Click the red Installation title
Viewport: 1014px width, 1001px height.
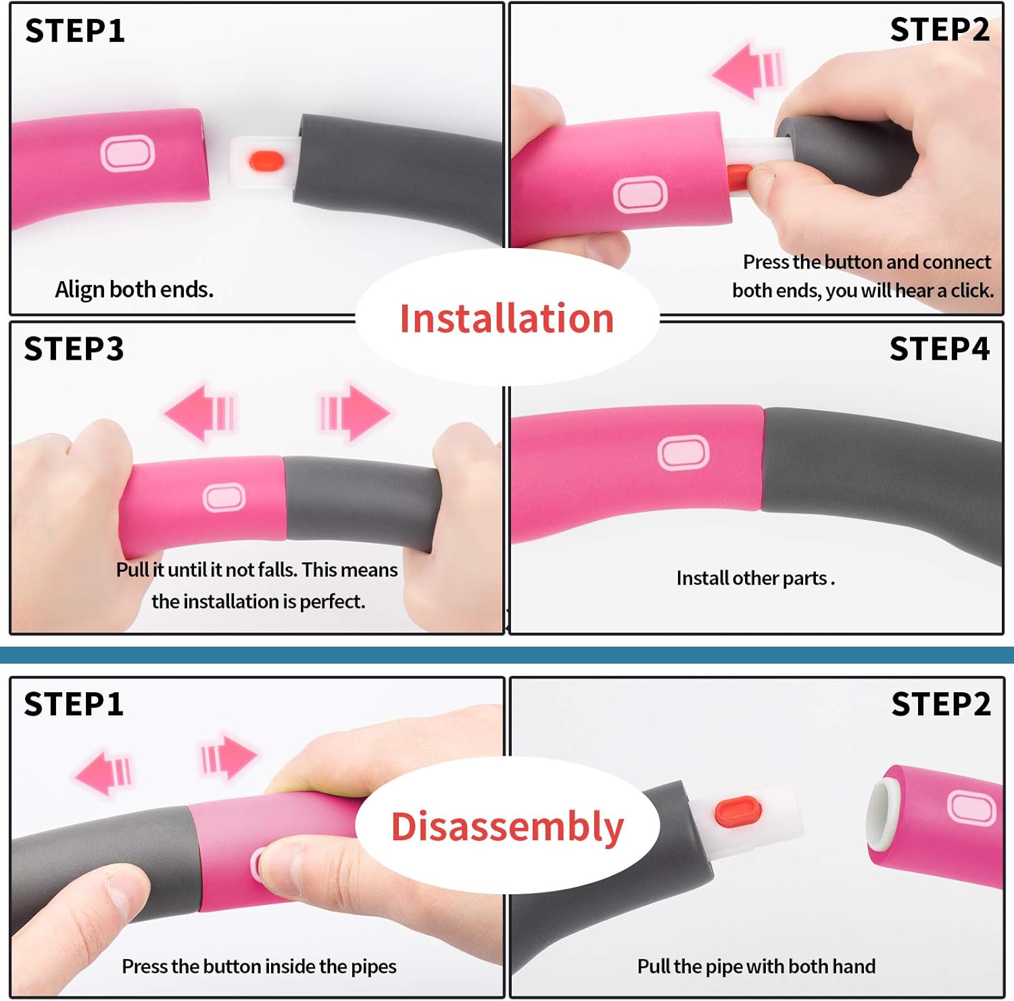(507, 318)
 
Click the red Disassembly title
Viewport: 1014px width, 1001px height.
(508, 827)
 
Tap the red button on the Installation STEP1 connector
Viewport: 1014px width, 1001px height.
(266, 161)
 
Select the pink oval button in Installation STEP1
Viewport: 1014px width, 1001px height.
(127, 153)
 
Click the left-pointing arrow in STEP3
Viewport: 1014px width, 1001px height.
(200, 413)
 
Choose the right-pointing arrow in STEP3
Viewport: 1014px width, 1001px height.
(355, 412)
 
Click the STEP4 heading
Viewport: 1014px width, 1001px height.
(939, 349)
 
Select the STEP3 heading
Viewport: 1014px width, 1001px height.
(74, 349)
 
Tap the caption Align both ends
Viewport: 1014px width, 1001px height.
(135, 289)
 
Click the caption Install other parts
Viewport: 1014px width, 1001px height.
(755, 579)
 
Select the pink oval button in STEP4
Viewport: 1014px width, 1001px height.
(683, 453)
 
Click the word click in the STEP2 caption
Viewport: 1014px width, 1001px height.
(971, 291)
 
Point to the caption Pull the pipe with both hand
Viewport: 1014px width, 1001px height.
(756, 967)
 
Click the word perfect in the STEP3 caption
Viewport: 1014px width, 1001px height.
(332, 602)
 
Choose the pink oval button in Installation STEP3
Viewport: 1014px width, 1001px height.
(224, 498)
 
